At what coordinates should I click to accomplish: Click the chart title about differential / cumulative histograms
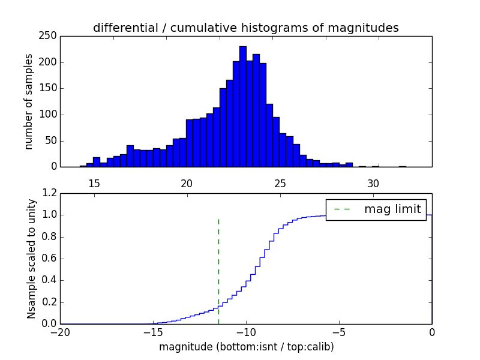[246, 28]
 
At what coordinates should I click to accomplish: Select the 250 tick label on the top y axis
[50, 36]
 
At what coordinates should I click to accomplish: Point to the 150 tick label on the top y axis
[50, 88]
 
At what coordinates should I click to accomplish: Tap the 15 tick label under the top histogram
[94, 183]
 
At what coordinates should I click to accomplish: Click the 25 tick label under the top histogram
[280, 183]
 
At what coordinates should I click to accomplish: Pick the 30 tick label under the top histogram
[373, 183]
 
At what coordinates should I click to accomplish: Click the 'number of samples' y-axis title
[28, 101]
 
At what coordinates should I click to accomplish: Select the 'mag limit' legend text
[392, 209]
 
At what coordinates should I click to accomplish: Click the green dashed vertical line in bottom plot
[218, 270]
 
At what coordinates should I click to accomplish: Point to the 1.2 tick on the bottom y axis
[50, 193]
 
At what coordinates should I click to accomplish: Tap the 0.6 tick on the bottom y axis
[50, 259]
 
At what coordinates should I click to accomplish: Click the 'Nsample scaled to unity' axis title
[31, 258]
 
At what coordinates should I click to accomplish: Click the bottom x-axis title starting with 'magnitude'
[246, 347]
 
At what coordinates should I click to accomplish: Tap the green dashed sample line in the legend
[343, 209]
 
